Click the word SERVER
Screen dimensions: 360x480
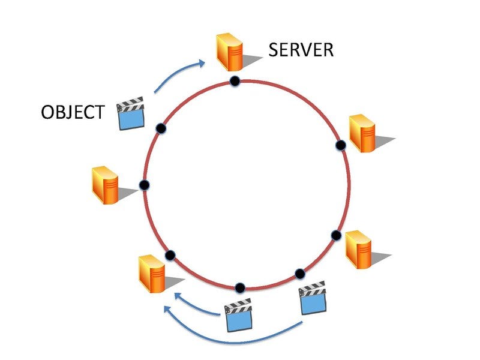(x=301, y=49)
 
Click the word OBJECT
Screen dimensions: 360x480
(x=72, y=112)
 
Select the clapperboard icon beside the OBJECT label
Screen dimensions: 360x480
(x=131, y=114)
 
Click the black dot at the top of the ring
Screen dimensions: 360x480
(x=235, y=81)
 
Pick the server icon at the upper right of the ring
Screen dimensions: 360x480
(x=364, y=133)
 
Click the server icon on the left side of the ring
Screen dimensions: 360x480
(x=105, y=185)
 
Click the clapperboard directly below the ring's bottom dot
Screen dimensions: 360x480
(x=238, y=316)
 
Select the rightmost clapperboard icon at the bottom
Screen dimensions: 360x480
(x=312, y=298)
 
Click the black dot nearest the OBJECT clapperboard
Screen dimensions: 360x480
(x=160, y=128)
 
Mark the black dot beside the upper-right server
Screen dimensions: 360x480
(x=340, y=145)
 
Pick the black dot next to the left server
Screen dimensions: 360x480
(x=143, y=185)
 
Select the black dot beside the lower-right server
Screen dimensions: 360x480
(x=336, y=235)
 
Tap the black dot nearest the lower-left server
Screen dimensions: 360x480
(x=170, y=256)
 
